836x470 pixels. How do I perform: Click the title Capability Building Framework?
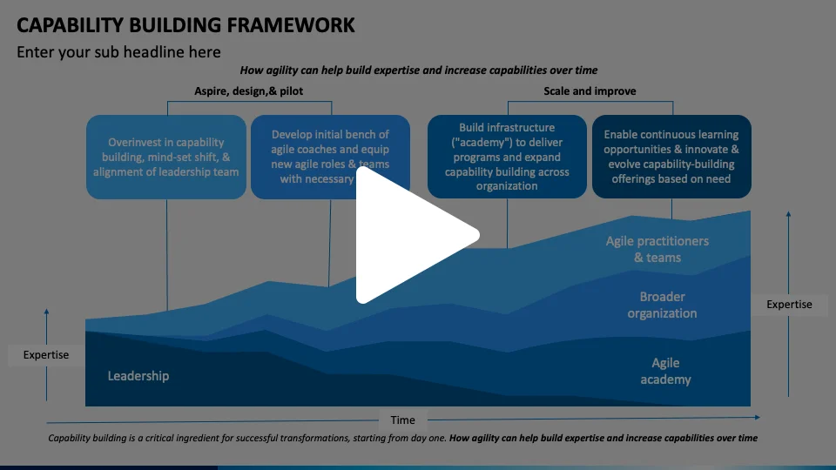click(x=185, y=25)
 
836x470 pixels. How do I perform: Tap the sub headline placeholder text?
click(x=118, y=52)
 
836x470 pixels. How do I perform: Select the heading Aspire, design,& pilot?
click(x=248, y=91)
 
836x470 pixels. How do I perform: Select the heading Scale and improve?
click(x=590, y=91)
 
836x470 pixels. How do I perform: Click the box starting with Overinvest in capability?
click(x=165, y=157)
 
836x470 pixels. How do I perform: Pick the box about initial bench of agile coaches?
click(x=330, y=157)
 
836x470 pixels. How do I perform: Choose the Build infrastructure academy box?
click(x=507, y=157)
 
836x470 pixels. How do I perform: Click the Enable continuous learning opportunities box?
click(x=671, y=157)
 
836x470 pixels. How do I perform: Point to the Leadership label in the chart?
click(x=138, y=376)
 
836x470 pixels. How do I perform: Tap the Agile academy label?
click(x=665, y=371)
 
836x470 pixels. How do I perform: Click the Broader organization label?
click(x=662, y=305)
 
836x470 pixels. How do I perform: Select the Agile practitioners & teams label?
click(x=657, y=249)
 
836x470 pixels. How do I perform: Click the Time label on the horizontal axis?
click(x=402, y=420)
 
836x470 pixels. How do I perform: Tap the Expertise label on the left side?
click(x=45, y=355)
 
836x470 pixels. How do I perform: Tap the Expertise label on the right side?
click(x=789, y=305)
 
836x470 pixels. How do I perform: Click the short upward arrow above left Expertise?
click(x=46, y=326)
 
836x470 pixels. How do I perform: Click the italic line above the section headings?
click(x=419, y=70)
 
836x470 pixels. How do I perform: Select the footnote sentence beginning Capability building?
click(x=402, y=439)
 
